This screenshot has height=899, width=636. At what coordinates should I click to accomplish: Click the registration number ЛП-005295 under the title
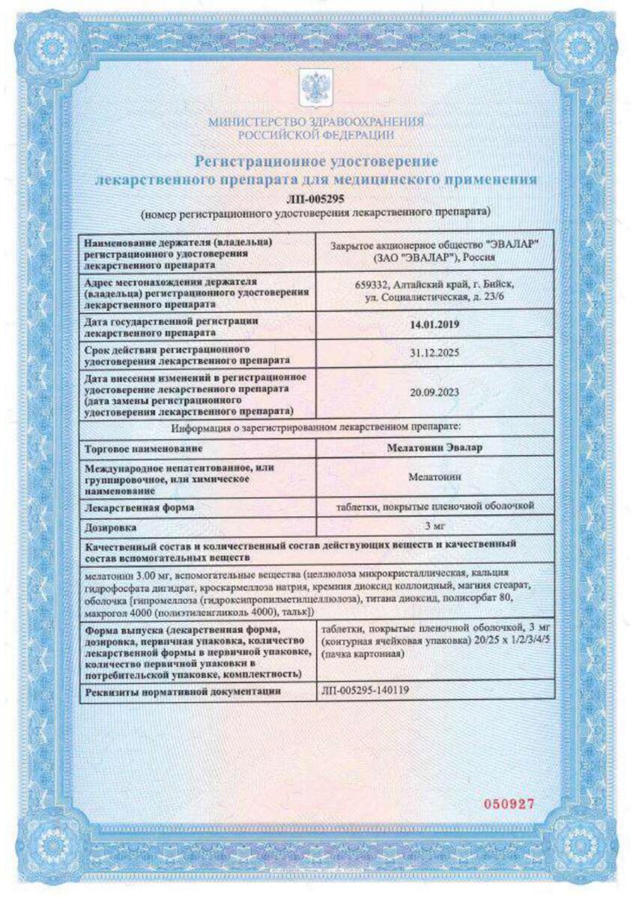pyautogui.click(x=315, y=199)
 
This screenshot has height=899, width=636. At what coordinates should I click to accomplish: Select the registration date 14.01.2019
pyautogui.click(x=434, y=325)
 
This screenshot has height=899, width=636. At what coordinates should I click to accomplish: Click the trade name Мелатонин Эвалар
pyautogui.click(x=434, y=447)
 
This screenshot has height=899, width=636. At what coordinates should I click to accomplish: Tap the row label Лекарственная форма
pyautogui.click(x=140, y=507)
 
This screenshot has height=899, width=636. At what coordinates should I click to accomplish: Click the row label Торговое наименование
pyautogui.click(x=145, y=448)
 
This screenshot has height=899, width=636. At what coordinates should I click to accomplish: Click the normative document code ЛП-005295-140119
pyautogui.click(x=365, y=691)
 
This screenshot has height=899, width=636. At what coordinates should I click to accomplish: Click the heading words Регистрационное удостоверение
pyautogui.click(x=315, y=161)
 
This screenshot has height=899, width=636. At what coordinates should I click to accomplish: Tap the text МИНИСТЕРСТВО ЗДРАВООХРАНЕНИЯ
pyautogui.click(x=315, y=121)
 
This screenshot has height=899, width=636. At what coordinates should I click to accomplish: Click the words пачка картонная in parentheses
pyautogui.click(x=363, y=654)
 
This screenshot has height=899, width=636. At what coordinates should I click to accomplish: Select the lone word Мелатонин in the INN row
pyautogui.click(x=434, y=476)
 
